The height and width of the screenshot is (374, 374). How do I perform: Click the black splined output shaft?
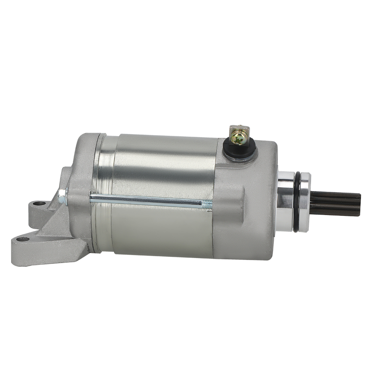(335, 204)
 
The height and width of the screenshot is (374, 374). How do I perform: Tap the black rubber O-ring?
(296, 202)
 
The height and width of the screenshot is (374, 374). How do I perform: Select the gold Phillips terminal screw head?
(238, 139)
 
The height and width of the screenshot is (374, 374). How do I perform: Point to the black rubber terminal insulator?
(239, 150)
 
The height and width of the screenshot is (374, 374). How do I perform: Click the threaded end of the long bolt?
(206, 204)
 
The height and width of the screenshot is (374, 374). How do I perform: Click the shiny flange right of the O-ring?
(305, 202)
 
